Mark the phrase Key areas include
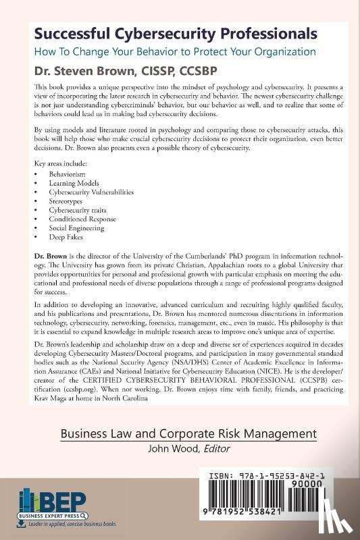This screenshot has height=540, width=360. tap(63, 164)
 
